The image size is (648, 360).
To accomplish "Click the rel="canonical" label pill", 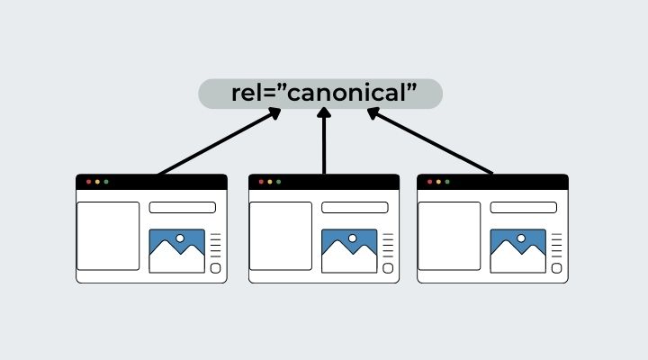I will click(320, 94).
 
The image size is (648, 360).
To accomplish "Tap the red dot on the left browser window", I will click(88, 182).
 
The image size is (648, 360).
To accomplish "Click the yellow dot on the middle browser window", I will click(269, 182).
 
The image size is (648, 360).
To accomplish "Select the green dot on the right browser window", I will click(447, 182).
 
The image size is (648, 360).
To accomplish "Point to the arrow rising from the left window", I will click(216, 142).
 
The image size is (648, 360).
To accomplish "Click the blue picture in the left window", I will click(176, 251).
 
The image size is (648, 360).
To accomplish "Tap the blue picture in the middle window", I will click(349, 251).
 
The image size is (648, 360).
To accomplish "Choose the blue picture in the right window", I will click(517, 251).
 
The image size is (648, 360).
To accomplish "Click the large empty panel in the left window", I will click(108, 236).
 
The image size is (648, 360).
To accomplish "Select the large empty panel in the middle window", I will click(280, 236).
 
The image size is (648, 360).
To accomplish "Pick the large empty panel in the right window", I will click(449, 236).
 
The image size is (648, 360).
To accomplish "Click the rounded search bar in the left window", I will click(182, 208).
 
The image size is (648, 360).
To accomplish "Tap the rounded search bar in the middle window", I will click(355, 208).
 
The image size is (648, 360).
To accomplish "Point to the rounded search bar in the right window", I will click(523, 208).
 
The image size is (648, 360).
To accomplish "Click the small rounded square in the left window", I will click(215, 267).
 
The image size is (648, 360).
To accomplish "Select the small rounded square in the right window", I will click(556, 267).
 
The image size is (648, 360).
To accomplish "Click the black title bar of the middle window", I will click(342, 182).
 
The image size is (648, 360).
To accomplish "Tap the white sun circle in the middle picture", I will click(352, 238).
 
